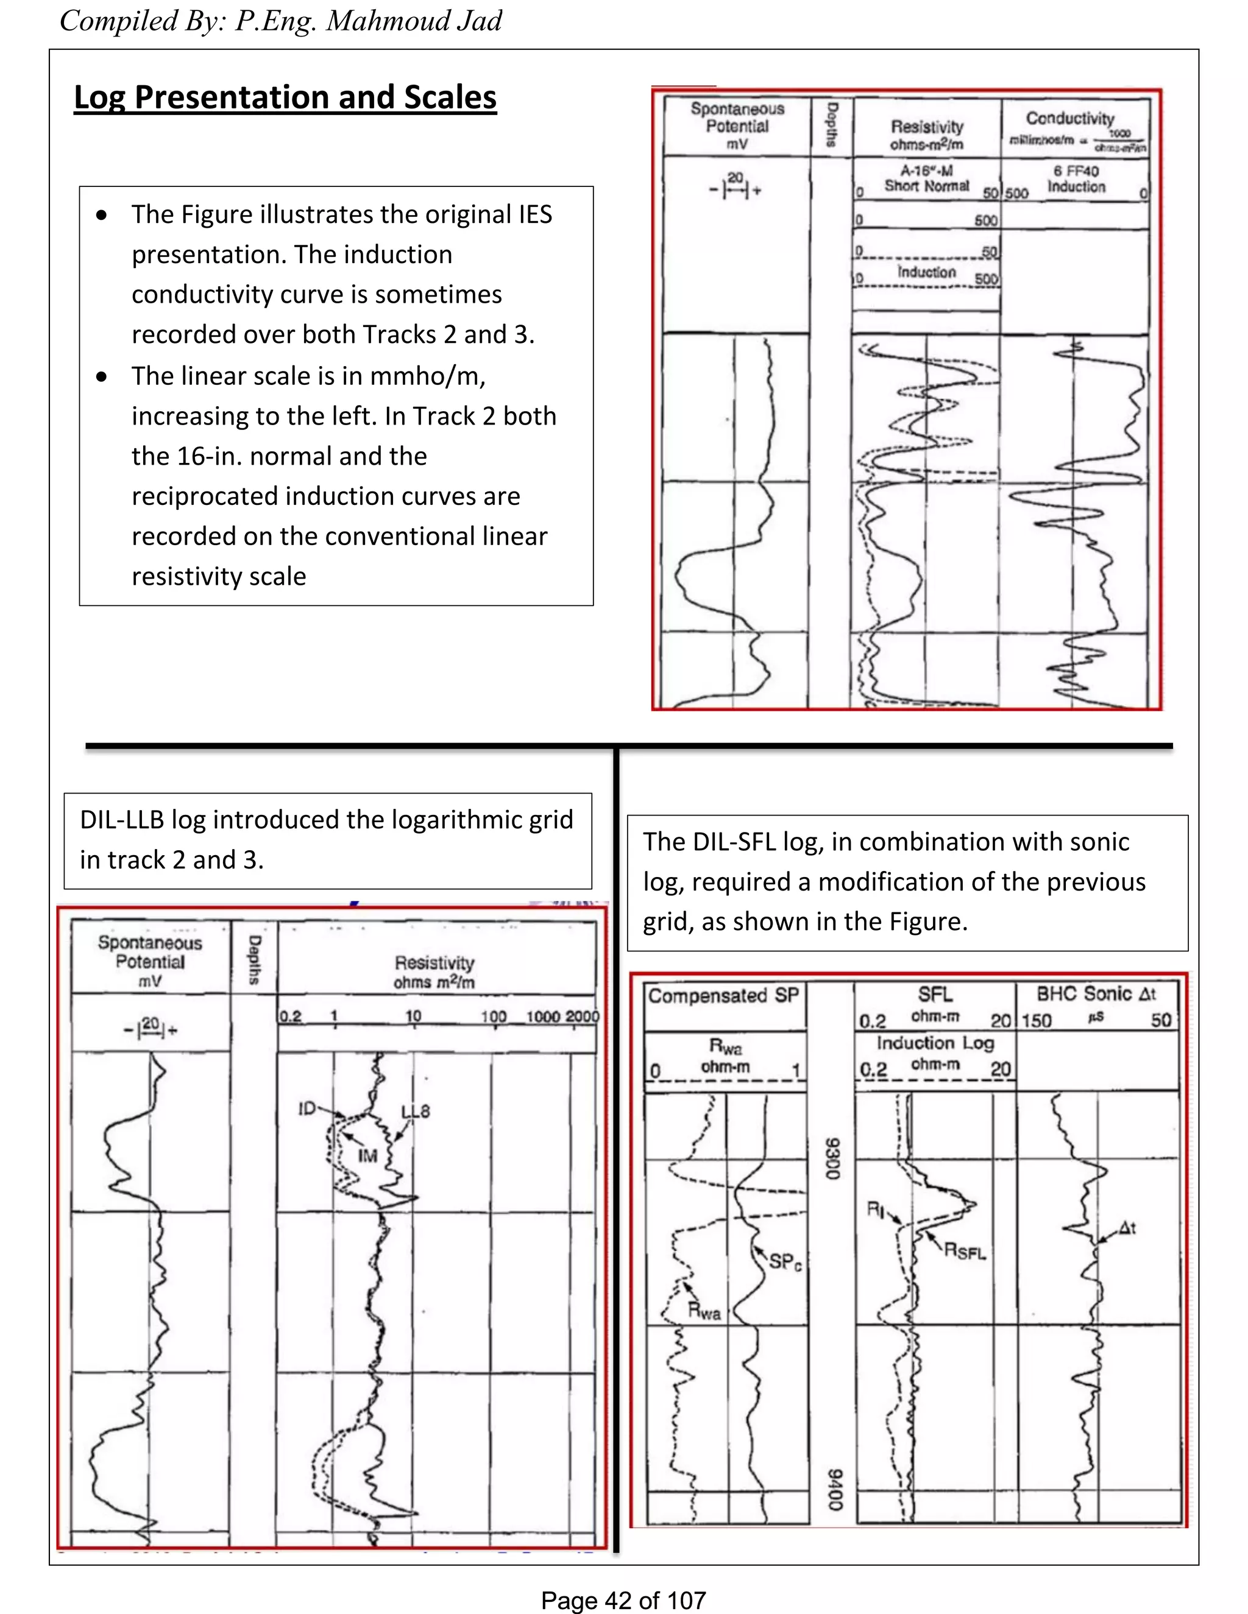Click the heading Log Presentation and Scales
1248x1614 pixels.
pos(285,97)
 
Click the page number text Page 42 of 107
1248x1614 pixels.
pos(623,1601)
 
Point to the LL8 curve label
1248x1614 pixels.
pos(415,1112)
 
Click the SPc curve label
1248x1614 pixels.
pos(785,1261)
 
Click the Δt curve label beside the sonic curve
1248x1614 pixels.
pos(1127,1228)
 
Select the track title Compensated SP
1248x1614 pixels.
pos(724,996)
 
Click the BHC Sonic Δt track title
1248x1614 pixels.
pos(1096,994)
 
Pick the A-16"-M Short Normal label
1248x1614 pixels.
pos(926,178)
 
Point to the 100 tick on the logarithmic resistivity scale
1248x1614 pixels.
pos(493,1017)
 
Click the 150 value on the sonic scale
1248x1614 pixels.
pos(1037,1021)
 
